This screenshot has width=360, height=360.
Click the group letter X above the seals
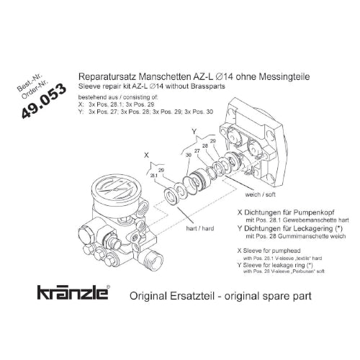pyautogui.click(x=147, y=155)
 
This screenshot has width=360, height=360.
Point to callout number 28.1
pyautogui.click(x=154, y=175)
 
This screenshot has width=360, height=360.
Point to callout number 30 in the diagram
pyautogui.click(x=187, y=154)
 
